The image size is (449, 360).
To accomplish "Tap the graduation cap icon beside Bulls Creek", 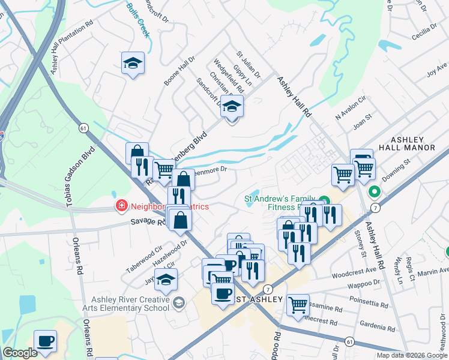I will (x=133, y=63).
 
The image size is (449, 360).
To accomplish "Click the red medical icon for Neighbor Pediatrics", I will (x=121, y=206).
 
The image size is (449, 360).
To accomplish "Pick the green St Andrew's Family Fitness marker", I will (x=324, y=201).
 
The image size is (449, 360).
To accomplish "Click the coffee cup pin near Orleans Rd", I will (x=45, y=341).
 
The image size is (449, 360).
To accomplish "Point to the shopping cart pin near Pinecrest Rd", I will (x=298, y=305).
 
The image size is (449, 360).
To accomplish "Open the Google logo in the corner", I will (x=20, y=353).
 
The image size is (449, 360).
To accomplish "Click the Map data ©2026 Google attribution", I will (x=412, y=355).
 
